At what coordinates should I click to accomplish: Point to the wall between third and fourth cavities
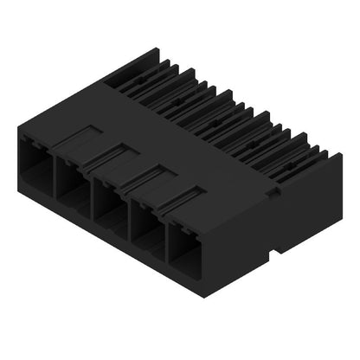tap(127, 216)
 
